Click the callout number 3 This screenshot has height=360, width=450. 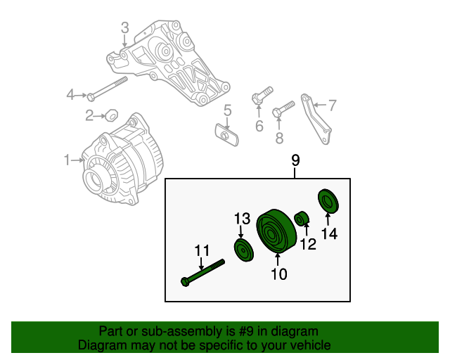[x=124, y=28]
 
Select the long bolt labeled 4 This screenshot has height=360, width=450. [x=108, y=88]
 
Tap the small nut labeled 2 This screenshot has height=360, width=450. [x=110, y=114]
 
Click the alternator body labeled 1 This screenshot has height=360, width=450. [x=116, y=162]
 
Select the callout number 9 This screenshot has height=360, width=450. [x=295, y=161]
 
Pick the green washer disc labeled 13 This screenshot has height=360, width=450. [x=243, y=250]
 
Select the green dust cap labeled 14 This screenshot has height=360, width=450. [x=328, y=201]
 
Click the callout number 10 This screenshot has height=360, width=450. [x=279, y=274]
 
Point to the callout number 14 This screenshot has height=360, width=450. [x=330, y=234]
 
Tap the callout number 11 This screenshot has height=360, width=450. [x=202, y=250]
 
